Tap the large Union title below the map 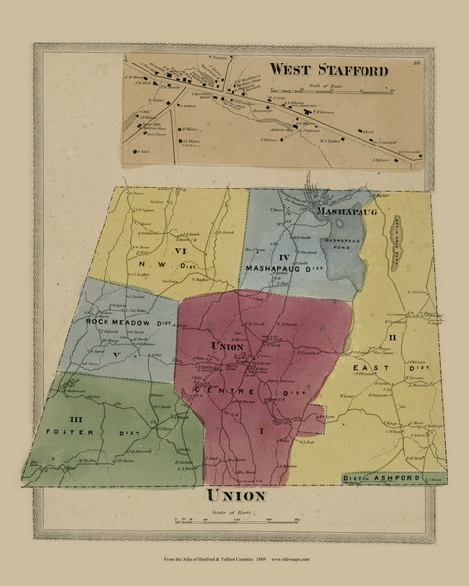[235, 496]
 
